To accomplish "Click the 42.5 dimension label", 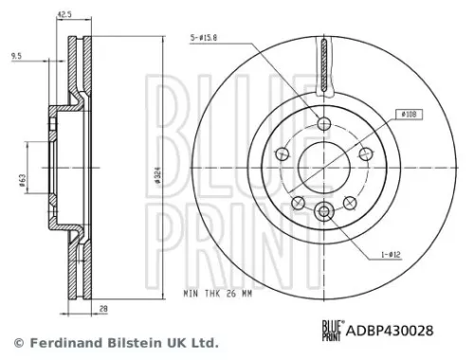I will tap(65, 14).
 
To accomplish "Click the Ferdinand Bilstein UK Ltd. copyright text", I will tap(116, 342).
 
